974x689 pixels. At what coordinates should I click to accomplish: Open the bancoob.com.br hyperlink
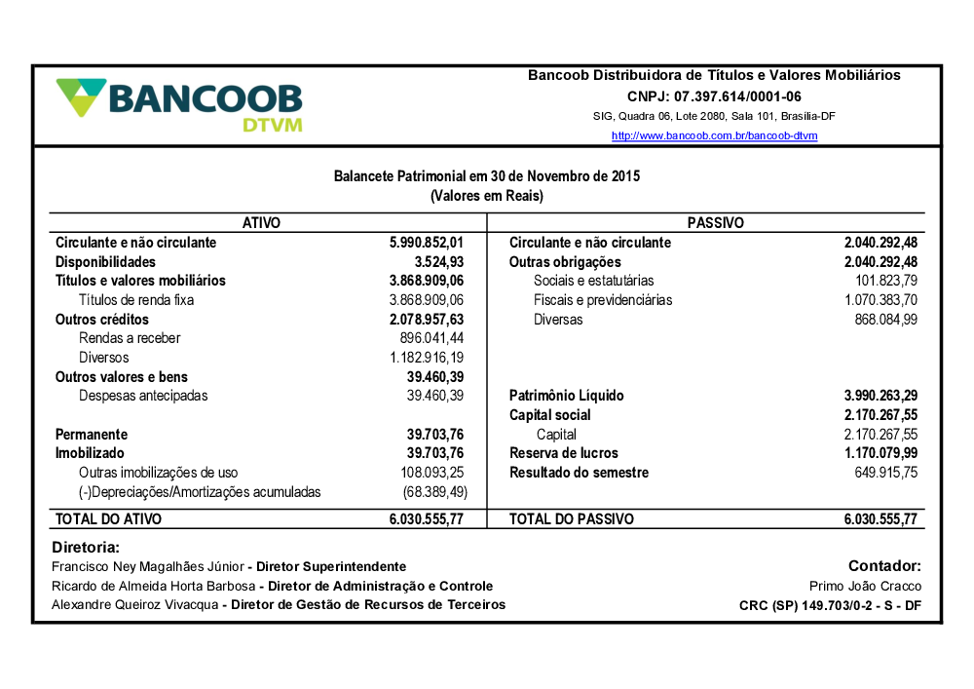714,135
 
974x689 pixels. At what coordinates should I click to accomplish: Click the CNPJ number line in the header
714,96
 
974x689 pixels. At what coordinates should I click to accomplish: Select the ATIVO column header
261,223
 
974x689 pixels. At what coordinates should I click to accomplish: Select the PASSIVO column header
715,223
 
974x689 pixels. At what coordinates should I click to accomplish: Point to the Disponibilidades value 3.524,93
438,262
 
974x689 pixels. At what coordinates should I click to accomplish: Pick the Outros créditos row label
101,320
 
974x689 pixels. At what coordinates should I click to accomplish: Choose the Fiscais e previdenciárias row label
603,300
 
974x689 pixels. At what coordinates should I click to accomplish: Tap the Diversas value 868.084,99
885,320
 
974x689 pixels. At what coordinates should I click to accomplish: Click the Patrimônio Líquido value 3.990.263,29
880,396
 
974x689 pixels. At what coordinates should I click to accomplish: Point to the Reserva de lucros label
563,453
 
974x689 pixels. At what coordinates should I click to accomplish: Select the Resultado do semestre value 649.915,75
885,473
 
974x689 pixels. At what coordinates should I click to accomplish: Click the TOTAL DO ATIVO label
108,519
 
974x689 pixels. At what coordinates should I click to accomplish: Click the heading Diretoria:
85,548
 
